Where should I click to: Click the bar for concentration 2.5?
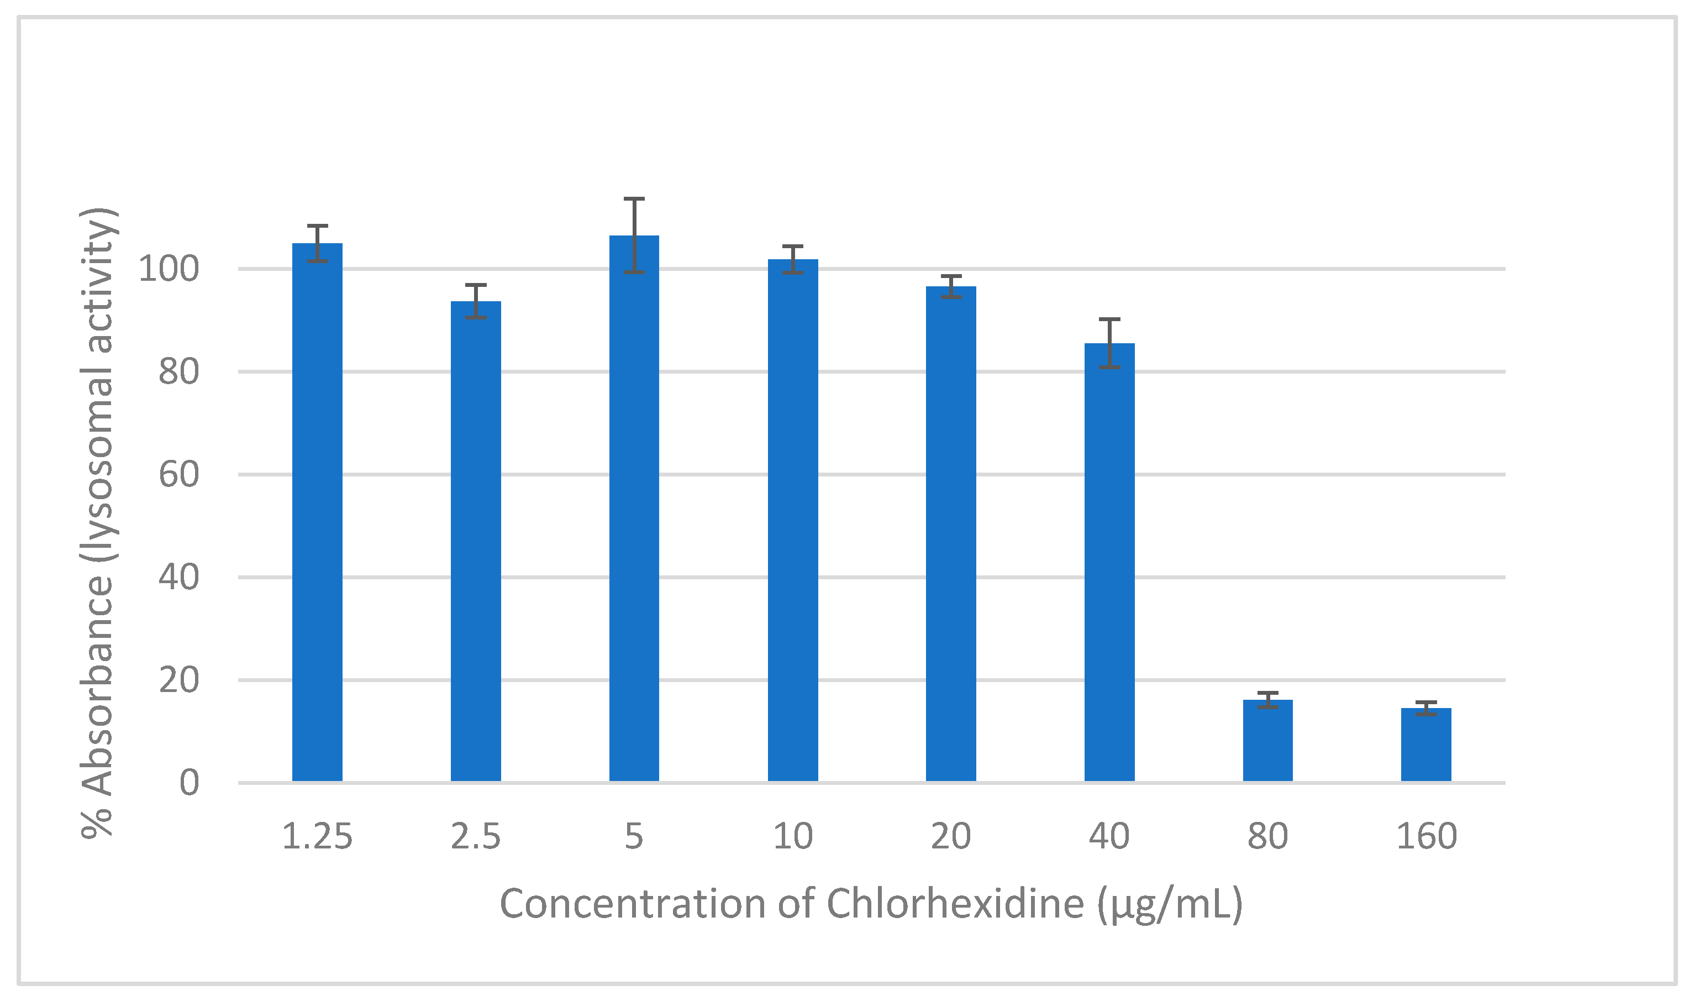click(475, 539)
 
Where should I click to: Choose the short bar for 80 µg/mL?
click(1267, 742)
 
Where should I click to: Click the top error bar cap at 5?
click(634, 199)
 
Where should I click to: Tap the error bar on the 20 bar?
click(950, 287)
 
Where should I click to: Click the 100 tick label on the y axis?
click(169, 269)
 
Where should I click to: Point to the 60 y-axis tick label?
click(178, 475)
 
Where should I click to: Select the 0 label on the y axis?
click(189, 783)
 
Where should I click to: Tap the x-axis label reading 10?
click(792, 836)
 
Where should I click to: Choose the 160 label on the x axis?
click(1427, 836)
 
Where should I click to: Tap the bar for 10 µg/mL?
click(792, 520)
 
